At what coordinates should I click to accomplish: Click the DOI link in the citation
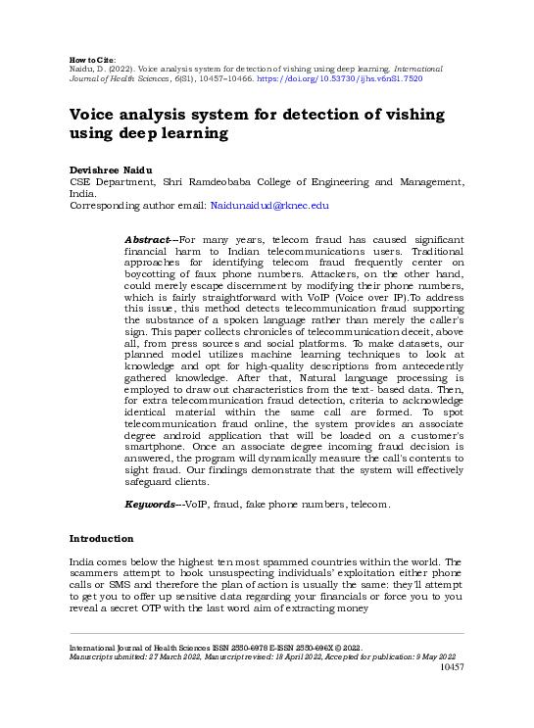tap(366, 78)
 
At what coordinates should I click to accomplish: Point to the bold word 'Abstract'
tap(148, 239)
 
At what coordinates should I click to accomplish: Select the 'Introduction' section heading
tap(101, 539)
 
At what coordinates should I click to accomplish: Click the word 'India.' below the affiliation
tap(83, 194)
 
